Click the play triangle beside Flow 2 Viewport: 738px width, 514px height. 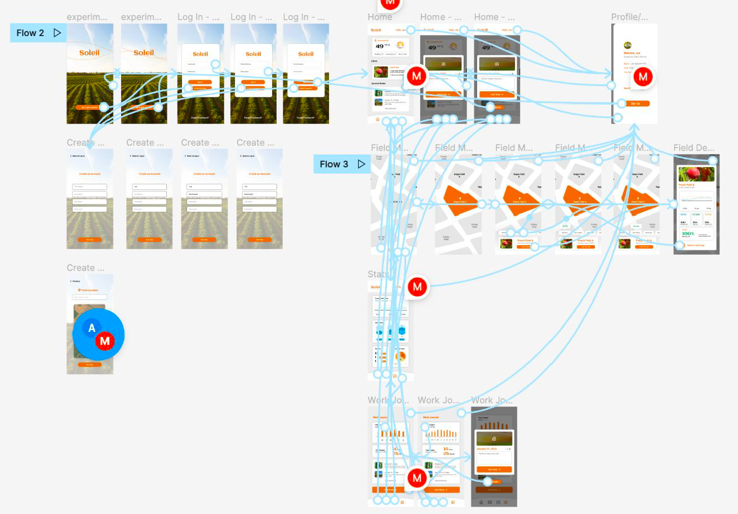57,33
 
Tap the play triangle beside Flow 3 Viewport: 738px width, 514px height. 361,164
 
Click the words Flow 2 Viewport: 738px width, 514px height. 30,33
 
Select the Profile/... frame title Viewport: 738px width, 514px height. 629,17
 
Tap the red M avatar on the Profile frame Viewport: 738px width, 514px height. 643,77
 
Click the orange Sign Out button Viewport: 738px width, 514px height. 634,104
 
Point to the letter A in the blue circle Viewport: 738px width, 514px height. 92,328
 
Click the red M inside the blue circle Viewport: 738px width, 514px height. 105,340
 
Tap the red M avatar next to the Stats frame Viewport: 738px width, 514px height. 417,287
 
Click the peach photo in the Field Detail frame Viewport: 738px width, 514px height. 696,174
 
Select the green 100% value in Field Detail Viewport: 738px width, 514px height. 688,233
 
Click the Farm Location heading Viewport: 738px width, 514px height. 90,290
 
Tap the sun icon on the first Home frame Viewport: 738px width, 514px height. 400,46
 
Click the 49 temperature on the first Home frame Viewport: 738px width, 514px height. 380,47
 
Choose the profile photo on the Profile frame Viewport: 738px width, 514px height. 628,46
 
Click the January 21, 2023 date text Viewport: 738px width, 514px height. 488,449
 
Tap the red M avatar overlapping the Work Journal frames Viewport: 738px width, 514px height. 417,478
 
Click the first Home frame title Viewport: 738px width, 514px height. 380,17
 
